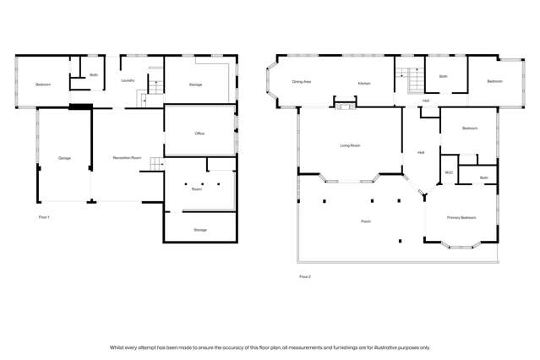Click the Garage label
click(x=64, y=158)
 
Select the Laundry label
click(x=128, y=81)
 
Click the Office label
click(x=199, y=134)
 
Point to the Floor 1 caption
click(x=45, y=217)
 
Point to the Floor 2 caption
click(x=304, y=276)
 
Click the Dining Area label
click(x=302, y=83)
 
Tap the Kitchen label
click(x=363, y=83)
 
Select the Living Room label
click(x=350, y=145)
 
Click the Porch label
click(x=366, y=221)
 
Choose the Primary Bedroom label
click(x=461, y=216)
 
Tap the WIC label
click(x=449, y=172)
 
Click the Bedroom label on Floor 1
click(x=43, y=85)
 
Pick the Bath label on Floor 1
click(x=94, y=75)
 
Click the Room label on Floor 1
click(x=197, y=189)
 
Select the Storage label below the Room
click(x=199, y=230)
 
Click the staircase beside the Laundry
click(x=155, y=85)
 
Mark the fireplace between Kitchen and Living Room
click(x=344, y=106)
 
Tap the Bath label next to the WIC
click(x=483, y=177)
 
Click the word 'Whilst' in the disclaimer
click(x=118, y=347)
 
